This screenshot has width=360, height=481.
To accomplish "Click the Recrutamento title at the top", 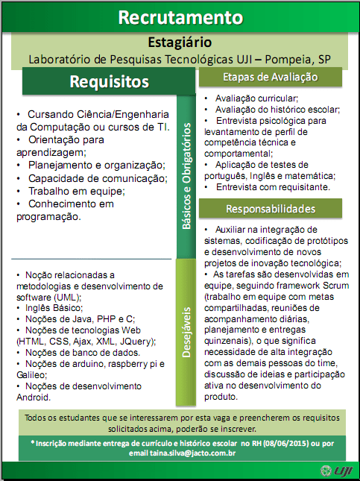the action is tap(180, 17).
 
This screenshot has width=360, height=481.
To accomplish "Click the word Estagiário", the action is tap(180, 42).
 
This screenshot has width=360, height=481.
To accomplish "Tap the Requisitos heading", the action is tap(109, 81).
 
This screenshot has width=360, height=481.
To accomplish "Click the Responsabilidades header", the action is tap(270, 208).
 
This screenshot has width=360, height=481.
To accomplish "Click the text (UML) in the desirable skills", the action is tap(66, 296).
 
